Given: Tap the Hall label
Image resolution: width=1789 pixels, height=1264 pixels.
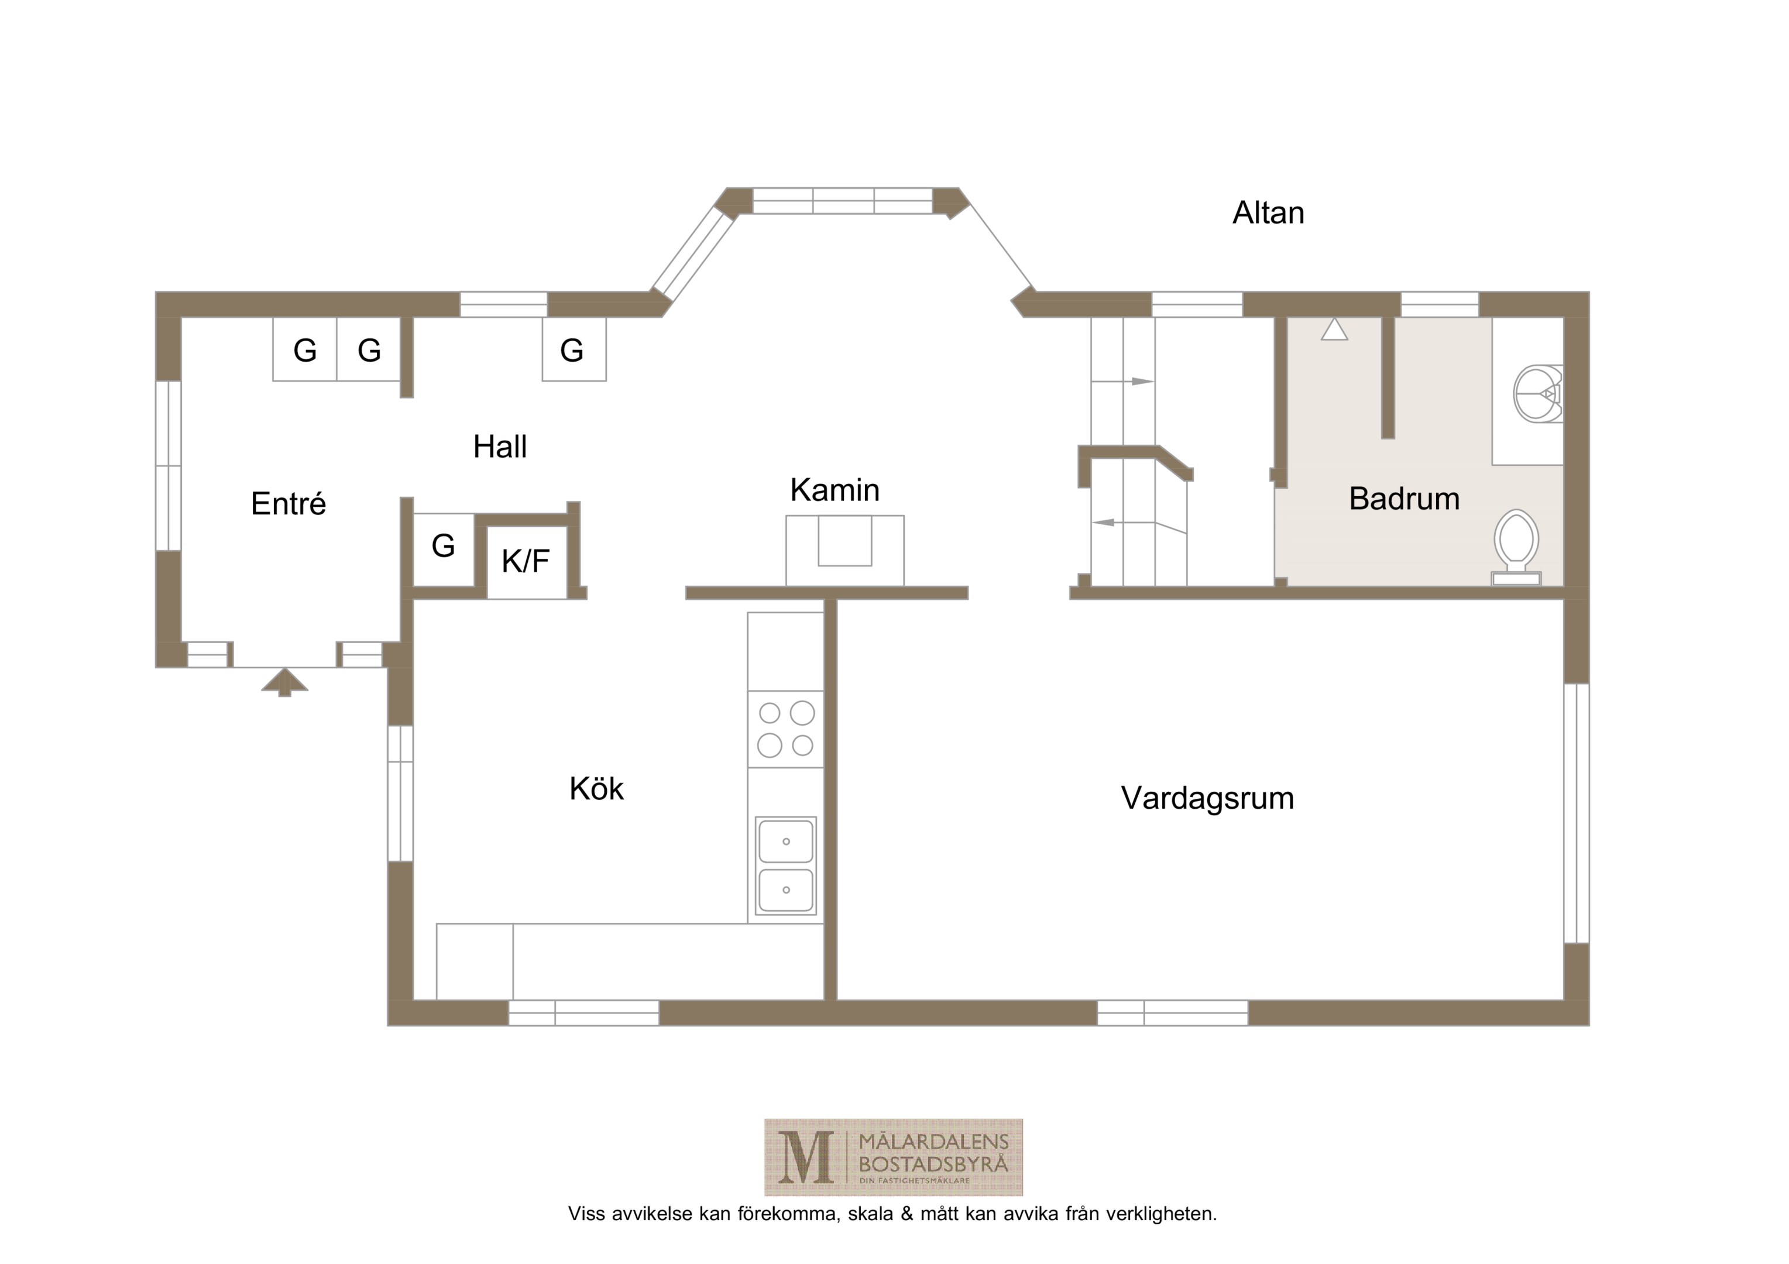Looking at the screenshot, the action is pyautogui.click(x=500, y=446).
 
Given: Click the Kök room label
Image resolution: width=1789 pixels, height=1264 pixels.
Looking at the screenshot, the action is pyautogui.click(x=596, y=789).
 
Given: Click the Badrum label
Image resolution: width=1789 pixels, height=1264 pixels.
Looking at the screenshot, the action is pyautogui.click(x=1404, y=499).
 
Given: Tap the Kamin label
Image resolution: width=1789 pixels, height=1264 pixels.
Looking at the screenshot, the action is pyautogui.click(x=835, y=490).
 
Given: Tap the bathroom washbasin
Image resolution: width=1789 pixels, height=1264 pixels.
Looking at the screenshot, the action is pyautogui.click(x=1537, y=394).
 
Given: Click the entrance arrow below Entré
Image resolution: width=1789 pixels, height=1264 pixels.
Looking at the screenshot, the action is pyautogui.click(x=284, y=682).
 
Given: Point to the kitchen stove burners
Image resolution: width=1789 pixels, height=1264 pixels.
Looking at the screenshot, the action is pyautogui.click(x=785, y=729).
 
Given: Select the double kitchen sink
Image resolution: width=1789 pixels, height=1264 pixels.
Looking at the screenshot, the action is pyautogui.click(x=786, y=866).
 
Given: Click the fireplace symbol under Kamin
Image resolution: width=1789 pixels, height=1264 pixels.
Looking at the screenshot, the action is pyautogui.click(x=844, y=550).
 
